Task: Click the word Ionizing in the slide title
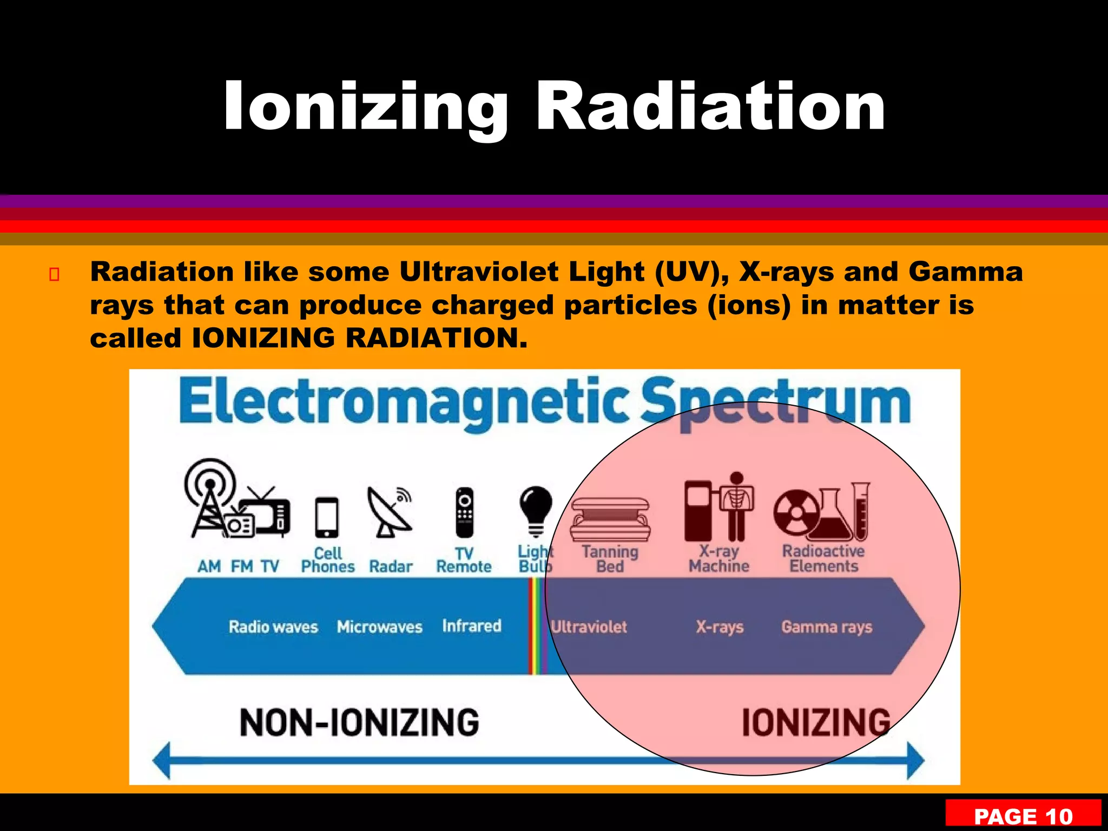(366, 107)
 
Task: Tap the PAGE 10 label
(1023, 816)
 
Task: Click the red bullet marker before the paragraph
(54, 275)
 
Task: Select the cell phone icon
(327, 517)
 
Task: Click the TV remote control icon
(464, 512)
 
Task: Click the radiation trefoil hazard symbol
(794, 512)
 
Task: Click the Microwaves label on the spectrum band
(379, 627)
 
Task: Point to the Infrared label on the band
(472, 626)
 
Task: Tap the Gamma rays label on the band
(827, 627)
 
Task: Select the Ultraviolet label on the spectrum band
(589, 627)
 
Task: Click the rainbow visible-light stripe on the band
(537, 626)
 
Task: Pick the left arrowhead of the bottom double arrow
(162, 760)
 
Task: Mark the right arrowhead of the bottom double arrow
(915, 760)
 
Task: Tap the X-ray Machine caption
(718, 558)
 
